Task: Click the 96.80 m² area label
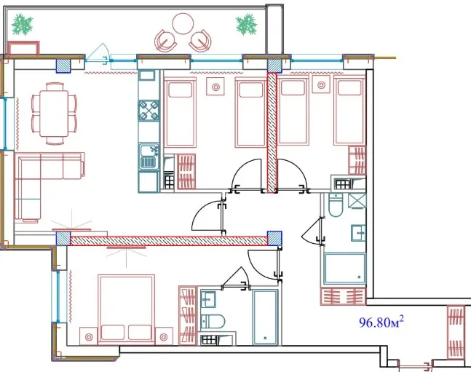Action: (x=381, y=322)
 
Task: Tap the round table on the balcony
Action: (x=183, y=23)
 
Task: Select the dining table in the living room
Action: (x=54, y=113)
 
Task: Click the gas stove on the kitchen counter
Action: (x=149, y=110)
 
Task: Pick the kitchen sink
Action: (x=149, y=157)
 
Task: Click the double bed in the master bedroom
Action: (x=127, y=309)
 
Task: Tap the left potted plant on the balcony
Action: (x=23, y=25)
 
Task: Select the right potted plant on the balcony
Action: (x=246, y=24)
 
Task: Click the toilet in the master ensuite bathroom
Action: (x=213, y=322)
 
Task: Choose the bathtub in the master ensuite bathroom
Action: (x=265, y=317)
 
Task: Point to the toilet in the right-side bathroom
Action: (x=336, y=205)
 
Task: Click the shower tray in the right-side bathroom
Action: (x=345, y=269)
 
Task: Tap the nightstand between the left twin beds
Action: (x=215, y=86)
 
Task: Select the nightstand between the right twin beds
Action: (x=321, y=84)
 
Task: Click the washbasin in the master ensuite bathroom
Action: (x=208, y=299)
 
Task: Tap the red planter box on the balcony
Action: (x=23, y=48)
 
